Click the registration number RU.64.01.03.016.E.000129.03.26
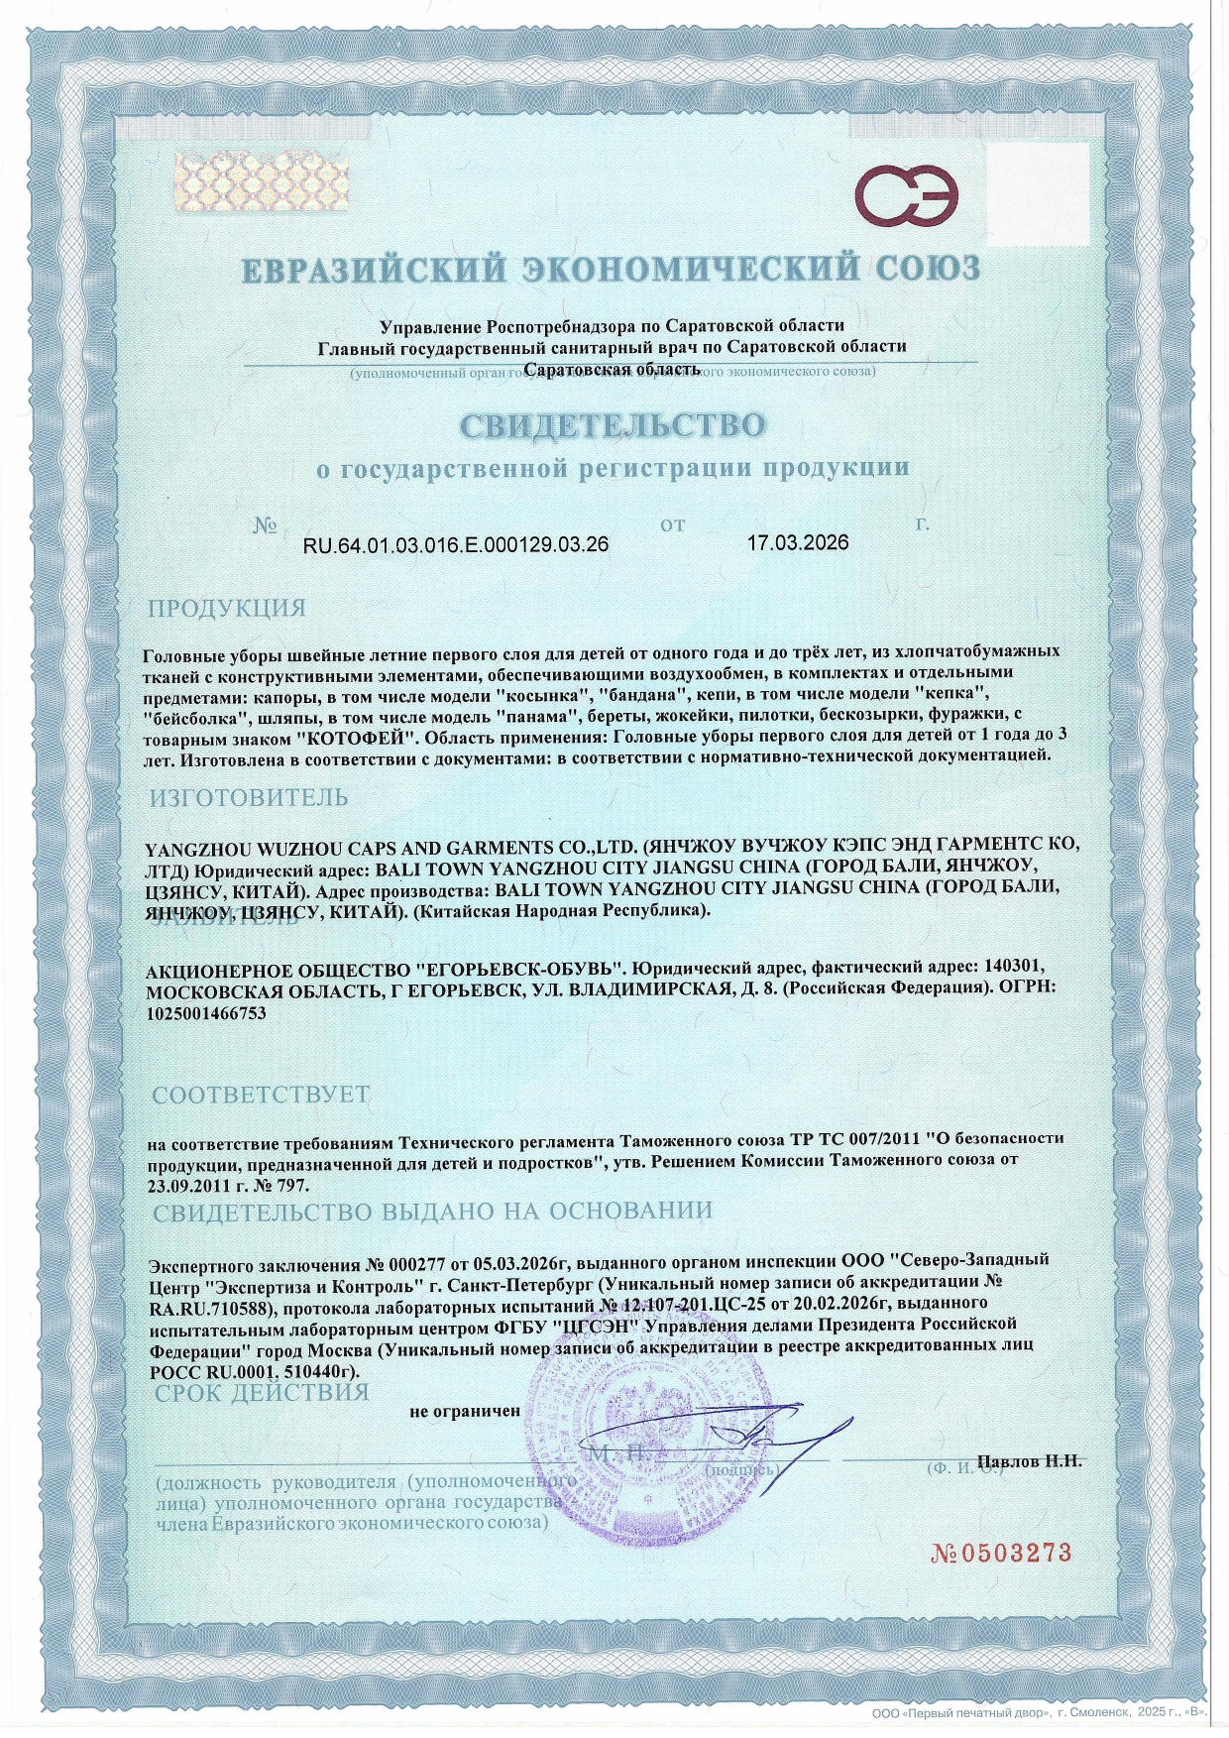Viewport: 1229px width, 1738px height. click(x=455, y=544)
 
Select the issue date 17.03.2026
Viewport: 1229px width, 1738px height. click(x=798, y=542)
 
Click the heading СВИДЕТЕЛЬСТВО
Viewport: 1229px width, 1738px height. click(x=613, y=425)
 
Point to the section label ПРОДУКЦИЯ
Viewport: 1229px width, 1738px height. click(x=227, y=608)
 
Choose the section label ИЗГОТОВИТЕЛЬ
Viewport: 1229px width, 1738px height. click(x=249, y=797)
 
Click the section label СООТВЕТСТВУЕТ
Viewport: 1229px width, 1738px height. click(x=261, y=1095)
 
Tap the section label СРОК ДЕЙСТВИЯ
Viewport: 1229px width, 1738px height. click(x=262, y=1392)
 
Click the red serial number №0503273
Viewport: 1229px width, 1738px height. click(x=1001, y=1553)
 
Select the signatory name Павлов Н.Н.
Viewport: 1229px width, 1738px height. click(x=1030, y=1460)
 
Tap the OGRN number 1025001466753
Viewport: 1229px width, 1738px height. click(x=206, y=1012)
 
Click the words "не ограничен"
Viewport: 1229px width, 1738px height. click(x=465, y=1410)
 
